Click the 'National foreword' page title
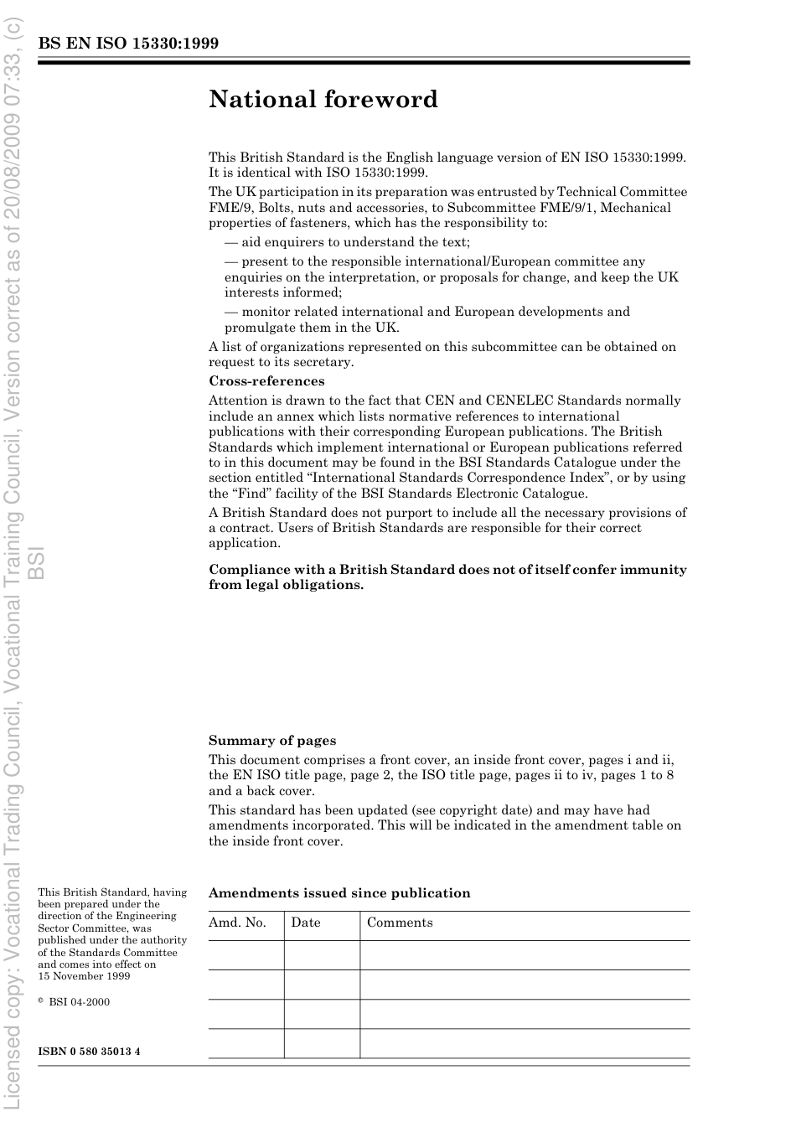(323, 100)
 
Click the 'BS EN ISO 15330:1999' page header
(128, 44)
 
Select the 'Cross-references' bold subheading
(266, 381)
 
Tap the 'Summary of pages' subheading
(272, 741)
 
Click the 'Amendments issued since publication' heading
(339, 893)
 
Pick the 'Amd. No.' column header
(237, 923)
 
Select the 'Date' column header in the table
(306, 923)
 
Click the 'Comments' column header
(400, 923)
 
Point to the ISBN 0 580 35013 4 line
(89, 1052)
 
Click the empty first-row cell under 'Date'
(322, 955)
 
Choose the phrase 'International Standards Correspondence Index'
(454, 478)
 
